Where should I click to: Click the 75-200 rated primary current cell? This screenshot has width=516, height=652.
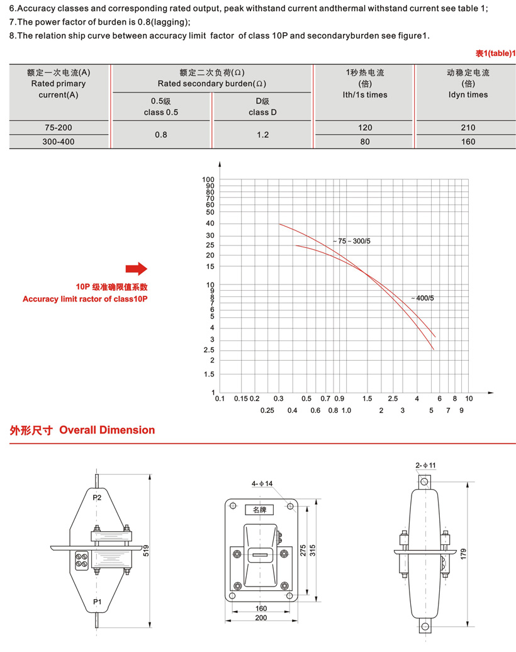59,128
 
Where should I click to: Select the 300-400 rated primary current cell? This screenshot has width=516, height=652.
59,142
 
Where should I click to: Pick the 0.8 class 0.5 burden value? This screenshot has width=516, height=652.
161,135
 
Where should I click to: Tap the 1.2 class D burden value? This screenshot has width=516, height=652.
262,135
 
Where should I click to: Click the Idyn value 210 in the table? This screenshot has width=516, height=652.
468,128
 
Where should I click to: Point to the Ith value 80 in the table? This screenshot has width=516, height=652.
365,142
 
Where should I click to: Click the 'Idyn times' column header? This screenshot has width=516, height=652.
468,95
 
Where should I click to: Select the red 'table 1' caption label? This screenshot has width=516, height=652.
495,54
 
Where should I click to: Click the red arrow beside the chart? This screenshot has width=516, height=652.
136,269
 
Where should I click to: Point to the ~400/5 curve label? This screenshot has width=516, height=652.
422,297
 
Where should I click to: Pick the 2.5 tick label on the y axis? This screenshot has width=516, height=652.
209,350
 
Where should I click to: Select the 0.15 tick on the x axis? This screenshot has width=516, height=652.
241,398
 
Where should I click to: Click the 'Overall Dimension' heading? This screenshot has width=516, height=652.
107,430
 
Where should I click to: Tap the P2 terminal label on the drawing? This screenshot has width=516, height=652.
97,497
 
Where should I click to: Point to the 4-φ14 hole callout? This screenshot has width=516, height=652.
262,483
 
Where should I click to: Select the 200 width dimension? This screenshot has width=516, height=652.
261,617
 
